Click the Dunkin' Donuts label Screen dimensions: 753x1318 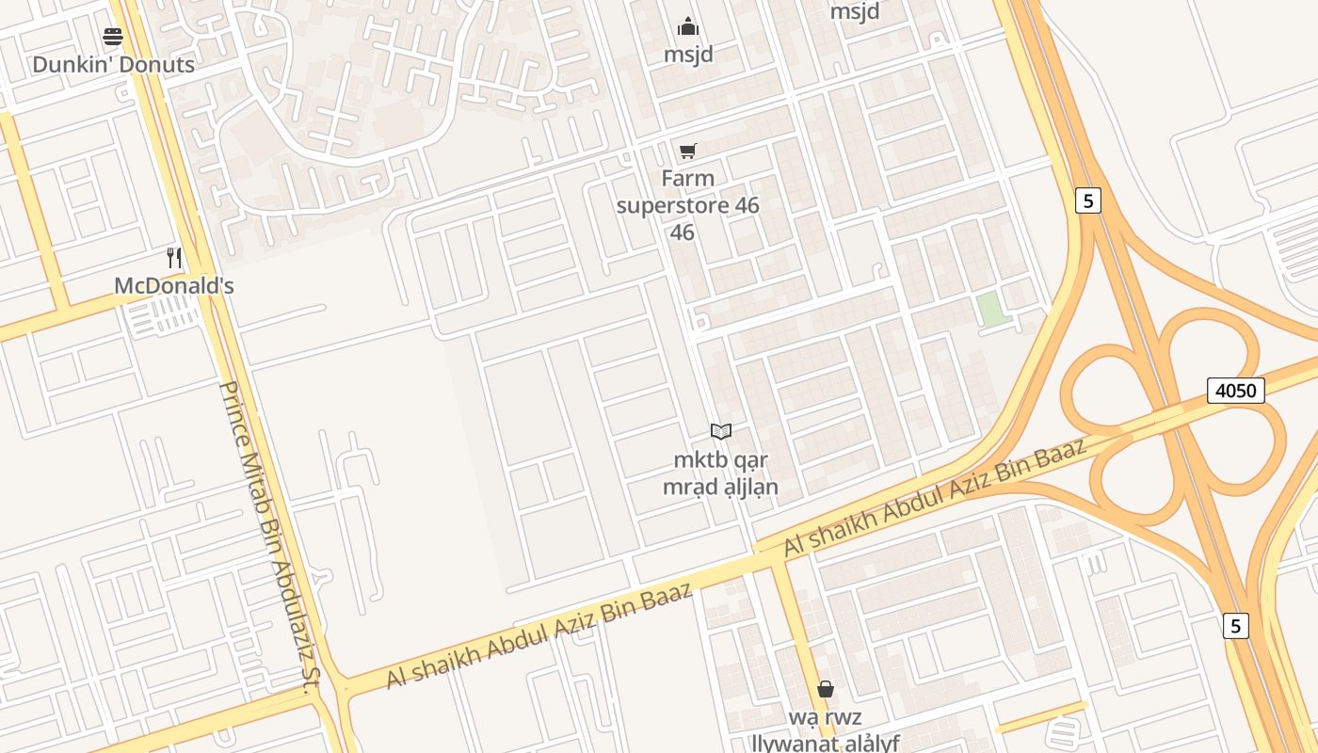pyautogui.click(x=113, y=65)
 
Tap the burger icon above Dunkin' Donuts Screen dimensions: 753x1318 pyautogui.click(x=113, y=38)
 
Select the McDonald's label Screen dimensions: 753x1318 pyautogui.click(x=173, y=286)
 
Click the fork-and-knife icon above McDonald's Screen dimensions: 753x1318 pyautogui.click(x=174, y=258)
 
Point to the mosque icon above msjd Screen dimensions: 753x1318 pyautogui.click(x=688, y=26)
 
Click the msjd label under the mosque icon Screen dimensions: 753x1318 pyautogui.click(x=688, y=55)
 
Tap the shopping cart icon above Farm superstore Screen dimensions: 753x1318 pyautogui.click(x=688, y=151)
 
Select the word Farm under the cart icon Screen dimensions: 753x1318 pyautogui.click(x=687, y=179)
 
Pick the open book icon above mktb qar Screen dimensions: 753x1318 pyautogui.click(x=721, y=432)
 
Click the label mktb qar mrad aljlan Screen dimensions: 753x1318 pyautogui.click(x=720, y=473)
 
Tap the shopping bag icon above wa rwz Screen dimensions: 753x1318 pyautogui.click(x=826, y=690)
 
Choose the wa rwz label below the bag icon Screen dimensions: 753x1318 pyautogui.click(x=825, y=718)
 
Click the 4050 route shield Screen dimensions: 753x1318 pyautogui.click(x=1235, y=390)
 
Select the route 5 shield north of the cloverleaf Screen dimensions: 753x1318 pyautogui.click(x=1087, y=200)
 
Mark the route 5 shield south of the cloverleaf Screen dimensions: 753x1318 pyautogui.click(x=1236, y=626)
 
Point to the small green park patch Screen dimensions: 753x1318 pyautogui.click(x=990, y=310)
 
